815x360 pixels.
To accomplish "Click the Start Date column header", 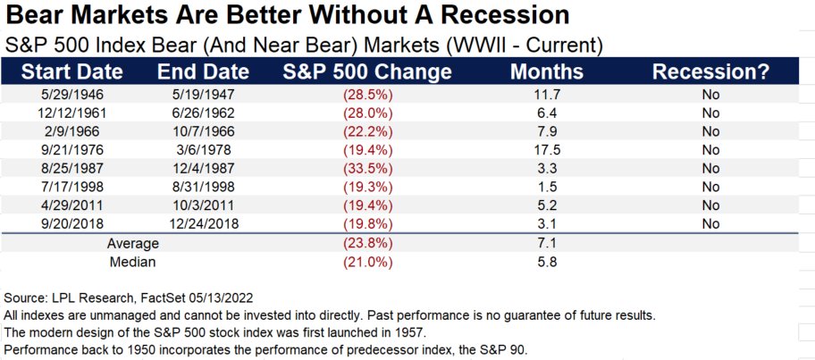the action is [72, 71].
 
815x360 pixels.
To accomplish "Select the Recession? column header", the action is [710, 71].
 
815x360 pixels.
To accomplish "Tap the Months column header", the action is [547, 71].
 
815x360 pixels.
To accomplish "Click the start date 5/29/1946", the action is [72, 95].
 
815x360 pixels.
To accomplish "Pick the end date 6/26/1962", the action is [203, 113].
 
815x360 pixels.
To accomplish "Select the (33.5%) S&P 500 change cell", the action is [367, 168].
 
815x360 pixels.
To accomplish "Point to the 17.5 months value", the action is [547, 150].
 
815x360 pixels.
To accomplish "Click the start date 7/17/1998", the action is [72, 187].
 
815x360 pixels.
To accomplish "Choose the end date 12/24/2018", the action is [203, 224].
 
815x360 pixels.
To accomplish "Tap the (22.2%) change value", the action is [367, 131].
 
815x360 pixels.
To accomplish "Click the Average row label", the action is [132, 243].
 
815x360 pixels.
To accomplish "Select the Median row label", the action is [132, 262].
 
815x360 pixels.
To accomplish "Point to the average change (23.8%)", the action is [367, 243].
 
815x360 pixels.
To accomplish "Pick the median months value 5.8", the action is [547, 262].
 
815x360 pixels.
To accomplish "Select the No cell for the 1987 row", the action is [710, 168].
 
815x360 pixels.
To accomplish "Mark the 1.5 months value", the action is [547, 187].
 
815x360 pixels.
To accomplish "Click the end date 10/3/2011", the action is [203, 205].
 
